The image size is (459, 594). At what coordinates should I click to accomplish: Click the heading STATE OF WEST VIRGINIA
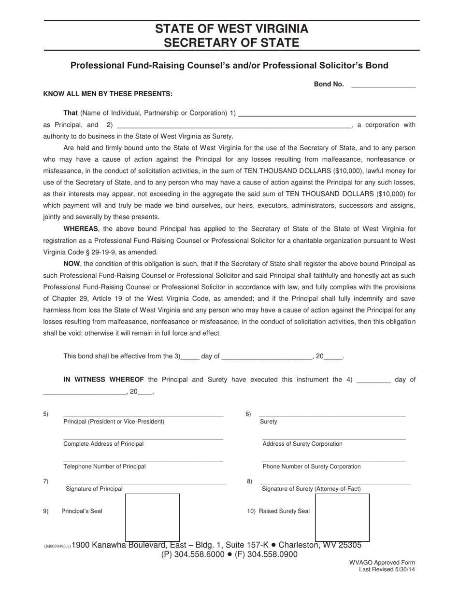tap(231, 28)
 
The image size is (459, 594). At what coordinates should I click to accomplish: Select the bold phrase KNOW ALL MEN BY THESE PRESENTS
tap(108, 94)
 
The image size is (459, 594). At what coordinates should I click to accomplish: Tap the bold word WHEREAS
tap(81, 229)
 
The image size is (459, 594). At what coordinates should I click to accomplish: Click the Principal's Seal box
tap(153, 517)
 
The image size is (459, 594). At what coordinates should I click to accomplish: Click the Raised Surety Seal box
tap(342, 517)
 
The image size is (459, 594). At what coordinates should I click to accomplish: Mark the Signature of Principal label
tap(94, 489)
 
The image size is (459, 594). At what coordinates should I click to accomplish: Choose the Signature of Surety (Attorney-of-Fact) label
tap(311, 489)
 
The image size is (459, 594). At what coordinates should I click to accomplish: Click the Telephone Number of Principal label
tap(104, 467)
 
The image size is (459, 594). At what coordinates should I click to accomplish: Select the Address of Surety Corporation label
tap(302, 444)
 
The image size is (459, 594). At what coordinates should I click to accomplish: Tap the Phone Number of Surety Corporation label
tap(312, 467)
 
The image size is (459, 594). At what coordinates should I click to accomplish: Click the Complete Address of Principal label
tap(103, 444)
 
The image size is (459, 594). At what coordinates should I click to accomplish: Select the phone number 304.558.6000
tap(199, 554)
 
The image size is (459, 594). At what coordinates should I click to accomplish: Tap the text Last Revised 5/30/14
tap(387, 569)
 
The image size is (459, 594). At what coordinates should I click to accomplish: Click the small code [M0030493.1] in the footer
tap(57, 546)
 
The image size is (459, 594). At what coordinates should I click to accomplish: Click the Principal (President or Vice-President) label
tap(114, 422)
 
